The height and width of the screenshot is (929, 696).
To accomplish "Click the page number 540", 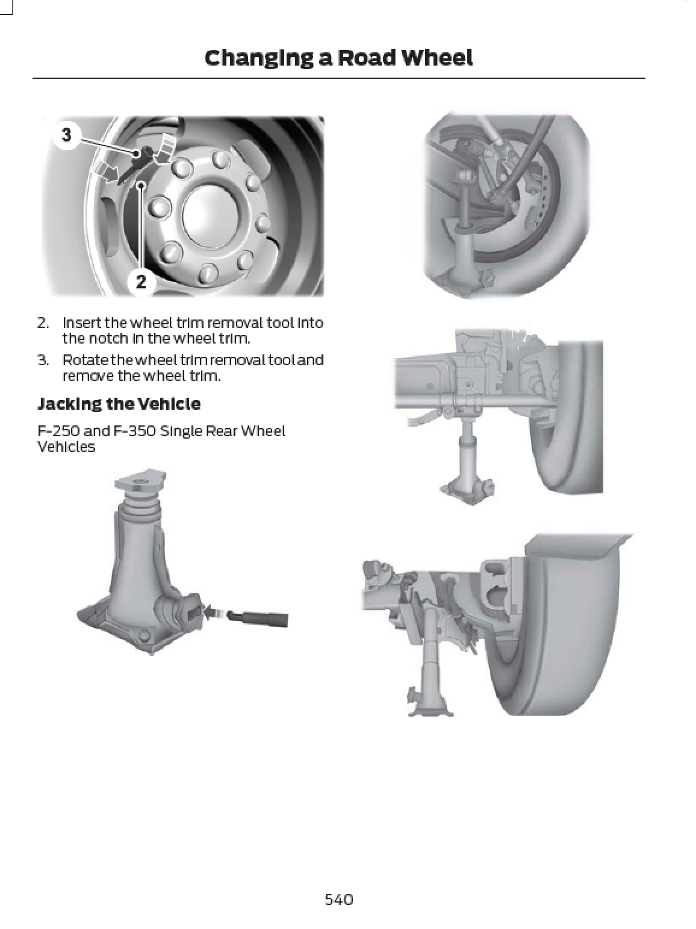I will pos(338,900).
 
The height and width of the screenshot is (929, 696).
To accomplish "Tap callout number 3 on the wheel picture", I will pos(66,135).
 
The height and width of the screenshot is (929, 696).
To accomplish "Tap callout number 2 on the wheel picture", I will pos(141,281).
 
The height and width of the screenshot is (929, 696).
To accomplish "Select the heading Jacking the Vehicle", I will pos(119,404).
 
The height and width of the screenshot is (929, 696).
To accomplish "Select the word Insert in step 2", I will pos(82,323).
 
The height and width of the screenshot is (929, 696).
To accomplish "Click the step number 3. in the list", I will pos(43,360).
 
